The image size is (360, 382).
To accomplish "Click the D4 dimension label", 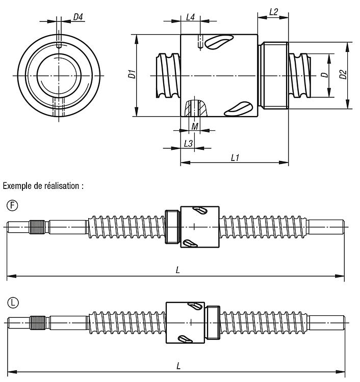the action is coord(78,17).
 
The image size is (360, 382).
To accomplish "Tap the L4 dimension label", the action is coord(190,17).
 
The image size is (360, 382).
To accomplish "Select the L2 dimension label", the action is coord(273,12).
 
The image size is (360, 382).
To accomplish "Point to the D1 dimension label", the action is coord(132,74).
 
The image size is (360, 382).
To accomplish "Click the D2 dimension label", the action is coord(343,74).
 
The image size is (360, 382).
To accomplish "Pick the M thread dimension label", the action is coord(195,126).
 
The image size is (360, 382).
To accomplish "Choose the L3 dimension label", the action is coord(188,144).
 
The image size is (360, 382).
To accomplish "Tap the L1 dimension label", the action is coord(235,158).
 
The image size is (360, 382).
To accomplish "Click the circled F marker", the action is coord(12,205).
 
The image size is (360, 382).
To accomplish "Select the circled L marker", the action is coord(13,303).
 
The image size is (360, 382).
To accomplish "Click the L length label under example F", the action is coord(178,270).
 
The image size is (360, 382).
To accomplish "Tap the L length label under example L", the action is coord(178,366).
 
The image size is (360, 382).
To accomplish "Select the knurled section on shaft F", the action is coord(37,227).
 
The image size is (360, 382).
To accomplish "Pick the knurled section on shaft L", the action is coord(38,323).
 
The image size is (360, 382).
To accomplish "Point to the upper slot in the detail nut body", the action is coord(219,41).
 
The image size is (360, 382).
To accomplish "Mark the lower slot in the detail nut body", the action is coord(238,108).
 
